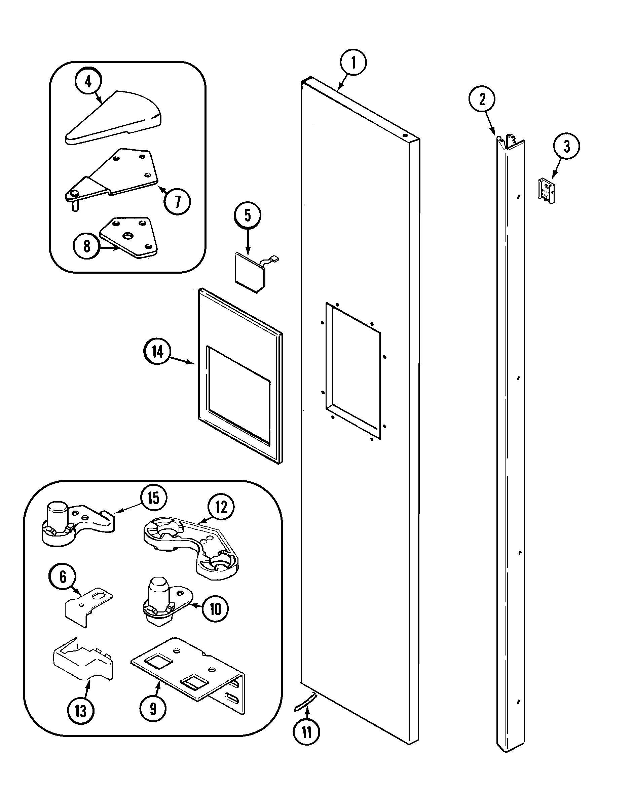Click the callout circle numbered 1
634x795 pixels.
[x=353, y=62]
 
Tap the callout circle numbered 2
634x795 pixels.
[x=482, y=99]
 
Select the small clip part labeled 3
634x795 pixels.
[x=546, y=191]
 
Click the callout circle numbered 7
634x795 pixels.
[x=178, y=201]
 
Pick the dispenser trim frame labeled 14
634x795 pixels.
[x=240, y=376]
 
